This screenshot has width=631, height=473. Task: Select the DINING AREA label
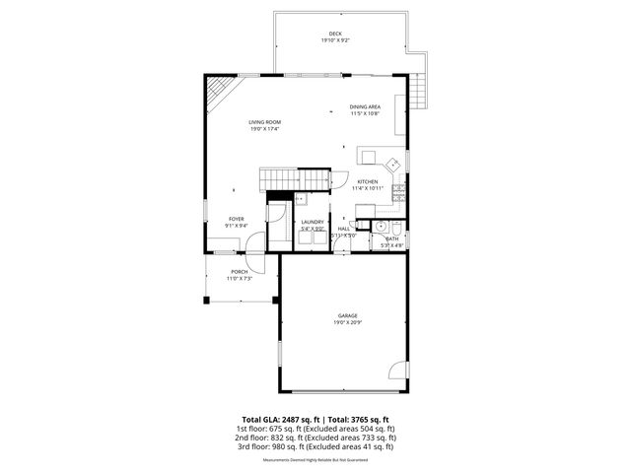point(365,107)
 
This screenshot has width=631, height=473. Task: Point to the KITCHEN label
point(367,182)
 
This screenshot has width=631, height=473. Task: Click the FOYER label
point(237,219)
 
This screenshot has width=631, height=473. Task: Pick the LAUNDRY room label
point(313,223)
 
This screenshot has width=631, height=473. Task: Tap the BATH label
point(392,237)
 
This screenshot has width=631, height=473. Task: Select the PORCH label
point(240,272)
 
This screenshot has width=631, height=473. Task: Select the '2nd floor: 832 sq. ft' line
point(315,438)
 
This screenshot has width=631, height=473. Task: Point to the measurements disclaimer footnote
point(315,460)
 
